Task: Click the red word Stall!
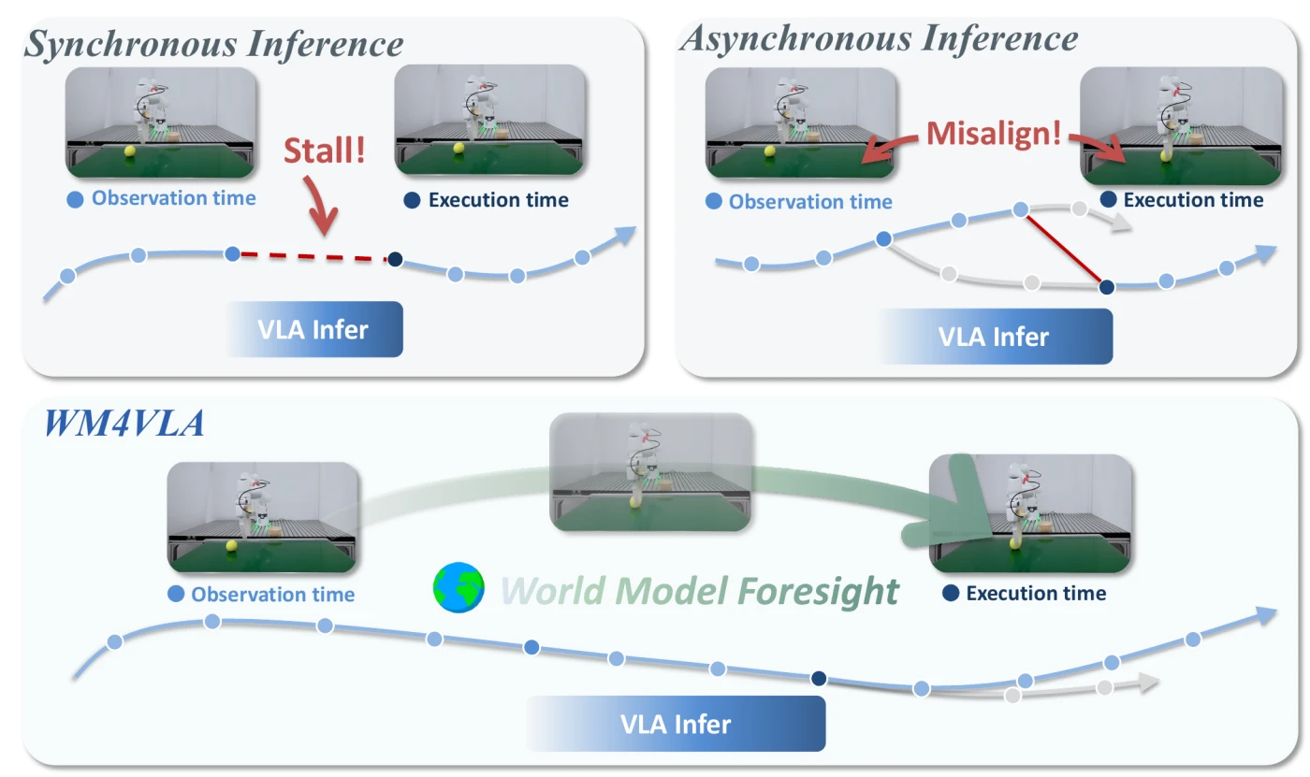pos(325,151)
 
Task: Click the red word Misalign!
pos(994,134)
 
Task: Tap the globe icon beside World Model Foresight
pos(458,587)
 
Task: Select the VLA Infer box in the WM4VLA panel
pos(676,724)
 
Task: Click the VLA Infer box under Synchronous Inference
pos(314,329)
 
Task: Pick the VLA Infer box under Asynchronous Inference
pos(994,337)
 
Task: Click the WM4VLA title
pos(124,423)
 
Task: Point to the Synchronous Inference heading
pos(214,44)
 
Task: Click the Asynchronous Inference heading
pos(879,39)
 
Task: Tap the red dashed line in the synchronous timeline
pos(313,256)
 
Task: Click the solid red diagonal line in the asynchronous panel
pos(1064,249)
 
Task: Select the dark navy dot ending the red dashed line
pos(395,259)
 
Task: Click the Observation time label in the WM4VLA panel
pos(273,594)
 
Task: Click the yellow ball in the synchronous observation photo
pos(130,151)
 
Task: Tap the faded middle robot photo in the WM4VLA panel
pos(650,472)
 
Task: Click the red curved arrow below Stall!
pos(320,206)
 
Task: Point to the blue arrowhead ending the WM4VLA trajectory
pos(1266,616)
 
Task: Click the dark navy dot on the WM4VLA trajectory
pos(819,678)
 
